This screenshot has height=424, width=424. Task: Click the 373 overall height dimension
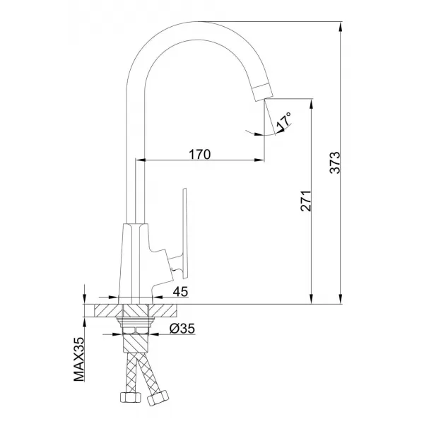pos(335,163)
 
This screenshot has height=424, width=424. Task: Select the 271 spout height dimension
pos(306,201)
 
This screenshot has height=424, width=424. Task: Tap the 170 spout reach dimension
pos(199,154)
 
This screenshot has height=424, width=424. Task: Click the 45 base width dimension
pos(180,292)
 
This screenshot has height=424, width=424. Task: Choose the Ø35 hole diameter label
pos(182,329)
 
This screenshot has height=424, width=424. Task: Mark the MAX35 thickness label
pos(79,359)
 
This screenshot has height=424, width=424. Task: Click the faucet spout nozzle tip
pos(263,92)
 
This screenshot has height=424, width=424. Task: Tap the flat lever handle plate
pos(184,233)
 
